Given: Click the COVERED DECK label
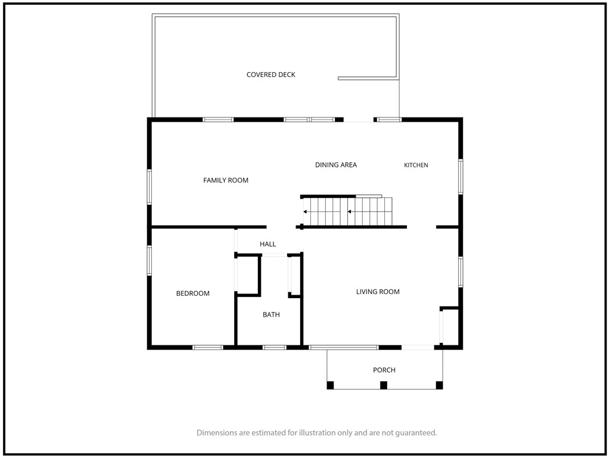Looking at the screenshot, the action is (271, 75).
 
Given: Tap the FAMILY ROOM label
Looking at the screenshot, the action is (226, 180).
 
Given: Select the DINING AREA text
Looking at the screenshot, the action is (336, 165).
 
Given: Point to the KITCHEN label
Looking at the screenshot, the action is (416, 165).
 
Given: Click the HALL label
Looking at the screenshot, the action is (267, 244).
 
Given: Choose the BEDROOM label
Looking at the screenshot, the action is (192, 293).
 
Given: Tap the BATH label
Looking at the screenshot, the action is (271, 314).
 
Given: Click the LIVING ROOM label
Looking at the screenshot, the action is (378, 291).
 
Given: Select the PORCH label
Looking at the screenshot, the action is (384, 370).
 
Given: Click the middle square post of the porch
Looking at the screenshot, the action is (384, 385).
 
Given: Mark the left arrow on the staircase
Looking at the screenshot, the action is (310, 212).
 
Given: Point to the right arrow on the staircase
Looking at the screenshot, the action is (355, 212).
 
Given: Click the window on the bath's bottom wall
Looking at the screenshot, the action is (274, 348).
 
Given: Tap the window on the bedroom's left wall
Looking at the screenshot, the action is (150, 261).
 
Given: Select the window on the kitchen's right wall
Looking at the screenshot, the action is (460, 177).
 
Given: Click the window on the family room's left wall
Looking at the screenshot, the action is (150, 187).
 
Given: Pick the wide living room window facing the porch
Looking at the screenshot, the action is (344, 348).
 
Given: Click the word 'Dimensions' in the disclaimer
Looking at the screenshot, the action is (217, 432).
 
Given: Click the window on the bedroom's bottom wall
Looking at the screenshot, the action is (208, 348).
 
